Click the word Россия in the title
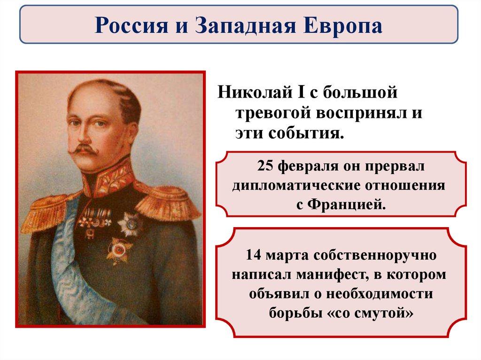(x=132, y=25)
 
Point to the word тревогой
(x=273, y=113)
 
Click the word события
(x=305, y=133)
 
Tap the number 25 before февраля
(x=266, y=167)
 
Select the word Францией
(x=346, y=204)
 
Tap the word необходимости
(x=379, y=294)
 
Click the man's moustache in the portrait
(x=84, y=150)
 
